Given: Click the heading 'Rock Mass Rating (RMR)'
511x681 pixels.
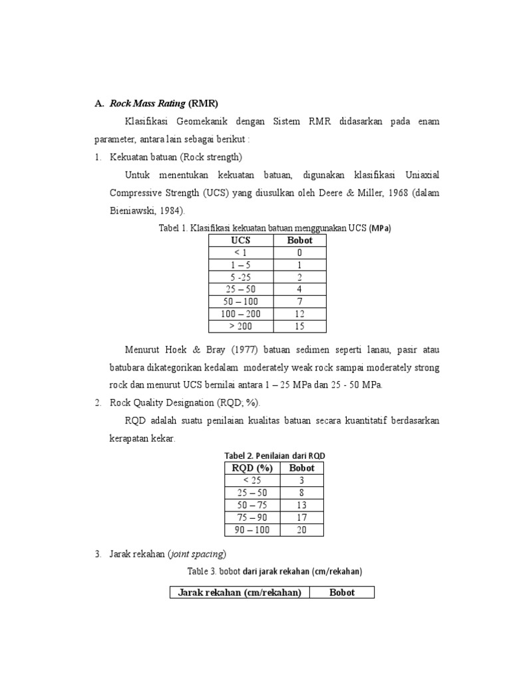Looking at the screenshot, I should pos(163,104).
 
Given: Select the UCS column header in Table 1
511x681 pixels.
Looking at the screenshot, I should pos(240,240).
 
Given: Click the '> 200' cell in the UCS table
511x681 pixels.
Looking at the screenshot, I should pos(240,326).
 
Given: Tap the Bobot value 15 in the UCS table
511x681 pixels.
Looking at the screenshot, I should pos(299,326).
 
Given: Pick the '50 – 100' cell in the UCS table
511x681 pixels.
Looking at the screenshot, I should pos(240,301).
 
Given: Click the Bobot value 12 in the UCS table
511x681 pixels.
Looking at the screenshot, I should pos(299,313).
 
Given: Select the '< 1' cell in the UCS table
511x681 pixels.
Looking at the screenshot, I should pos(240,253).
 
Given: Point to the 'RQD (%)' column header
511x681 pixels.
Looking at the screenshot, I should pos(252,468).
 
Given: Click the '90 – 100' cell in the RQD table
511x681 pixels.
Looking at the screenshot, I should pos(252,529).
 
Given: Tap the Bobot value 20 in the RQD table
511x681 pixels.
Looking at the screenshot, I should pos(301,529).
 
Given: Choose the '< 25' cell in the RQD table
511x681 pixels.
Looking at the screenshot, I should pos(252,480).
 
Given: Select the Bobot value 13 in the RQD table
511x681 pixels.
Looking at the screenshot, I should pos(301,505).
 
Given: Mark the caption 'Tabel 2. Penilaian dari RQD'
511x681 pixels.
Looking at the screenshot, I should pos(273,455).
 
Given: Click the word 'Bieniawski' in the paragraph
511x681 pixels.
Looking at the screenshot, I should pos(134,209).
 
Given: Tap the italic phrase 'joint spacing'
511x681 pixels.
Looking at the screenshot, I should pos(197,553).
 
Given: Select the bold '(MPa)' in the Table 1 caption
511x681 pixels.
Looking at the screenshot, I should pos(381,227).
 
